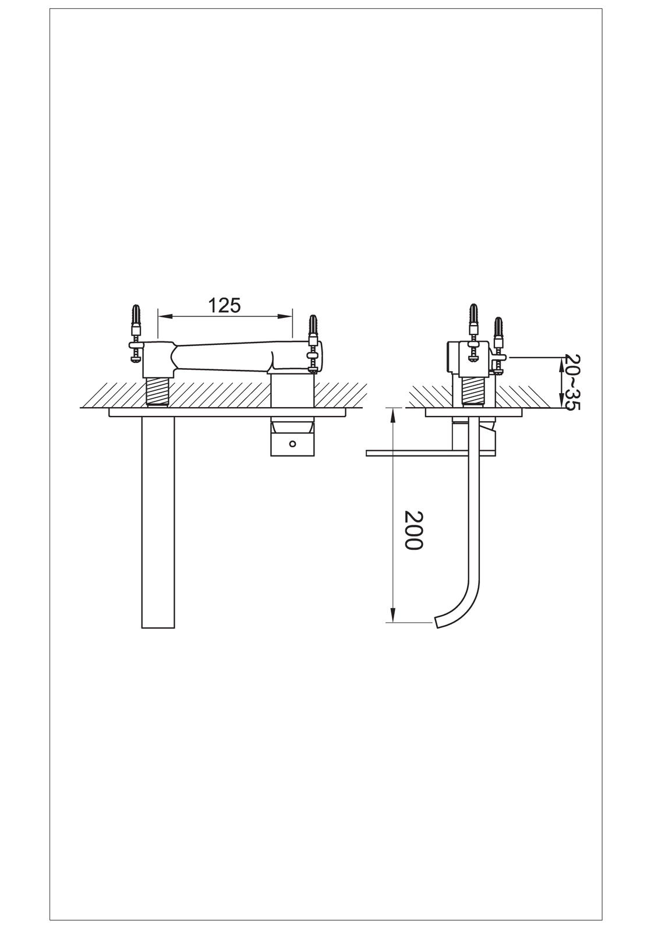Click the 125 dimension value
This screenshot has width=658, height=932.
(x=224, y=306)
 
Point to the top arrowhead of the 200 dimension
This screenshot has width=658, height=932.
(x=392, y=414)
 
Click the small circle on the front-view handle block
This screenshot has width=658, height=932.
(x=292, y=444)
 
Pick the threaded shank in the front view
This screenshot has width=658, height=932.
(x=158, y=391)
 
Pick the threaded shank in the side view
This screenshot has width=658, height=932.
(x=474, y=391)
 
